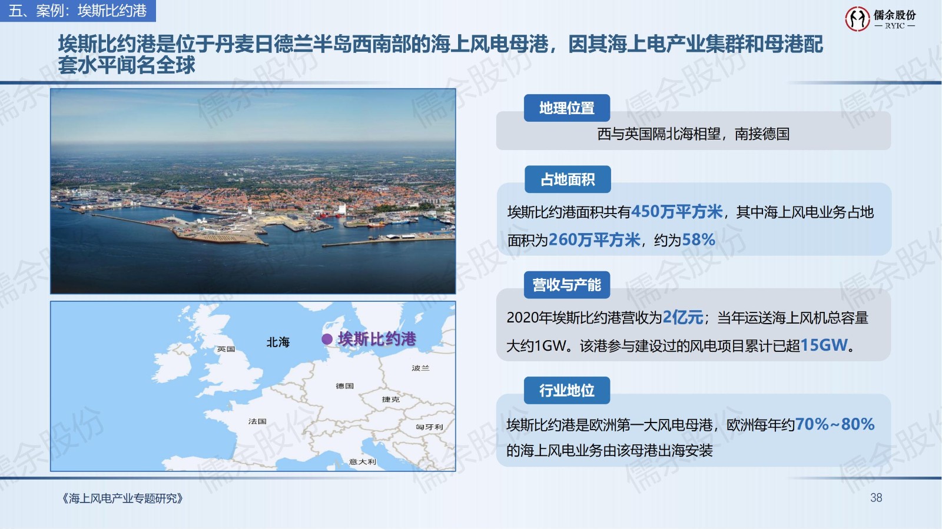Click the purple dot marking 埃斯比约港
[327, 339]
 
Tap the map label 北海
[278, 342]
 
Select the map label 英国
[226, 349]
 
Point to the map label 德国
[344, 386]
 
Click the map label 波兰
[420, 368]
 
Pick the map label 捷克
[391, 399]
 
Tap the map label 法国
[257, 421]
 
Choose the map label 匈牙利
[429, 427]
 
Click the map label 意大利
[363, 462]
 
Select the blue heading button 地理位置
[567, 108]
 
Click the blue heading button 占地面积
[568, 179]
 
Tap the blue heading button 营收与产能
[567, 285]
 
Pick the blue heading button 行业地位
[567, 390]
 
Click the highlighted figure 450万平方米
[676, 212]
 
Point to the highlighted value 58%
[698, 239]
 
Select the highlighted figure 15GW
[824, 345]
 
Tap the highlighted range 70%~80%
[835, 424]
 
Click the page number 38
[876, 498]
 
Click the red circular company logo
[857, 18]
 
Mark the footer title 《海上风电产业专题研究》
[122, 498]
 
